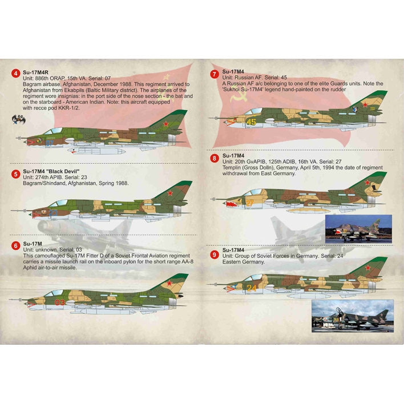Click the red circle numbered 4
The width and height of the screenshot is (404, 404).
coord(16,74)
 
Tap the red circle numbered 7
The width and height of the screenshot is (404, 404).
coord(215,74)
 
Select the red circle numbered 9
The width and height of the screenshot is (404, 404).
coord(215,255)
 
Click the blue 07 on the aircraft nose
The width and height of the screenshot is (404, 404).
coord(50,143)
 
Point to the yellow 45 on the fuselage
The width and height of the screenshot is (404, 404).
coord(251,122)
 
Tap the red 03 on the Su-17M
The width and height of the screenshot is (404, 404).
coord(59,302)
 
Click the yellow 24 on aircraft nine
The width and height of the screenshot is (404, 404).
coord(251,288)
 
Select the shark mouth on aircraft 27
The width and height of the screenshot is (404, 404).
coord(231,205)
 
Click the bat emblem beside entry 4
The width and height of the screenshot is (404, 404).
coord(19,120)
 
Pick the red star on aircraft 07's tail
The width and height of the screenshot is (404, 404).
coord(165,124)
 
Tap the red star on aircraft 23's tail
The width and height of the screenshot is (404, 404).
coord(170,193)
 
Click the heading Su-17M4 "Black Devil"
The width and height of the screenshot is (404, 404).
coord(51,171)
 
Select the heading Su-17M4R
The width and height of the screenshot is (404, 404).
coord(35,72)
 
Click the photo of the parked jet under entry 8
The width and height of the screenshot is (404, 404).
coord(359,229)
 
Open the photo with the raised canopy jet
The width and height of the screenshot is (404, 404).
coord(353,316)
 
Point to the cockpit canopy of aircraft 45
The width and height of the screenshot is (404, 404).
coord(253,111)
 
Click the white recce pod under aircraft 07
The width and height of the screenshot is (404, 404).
coord(96,151)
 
